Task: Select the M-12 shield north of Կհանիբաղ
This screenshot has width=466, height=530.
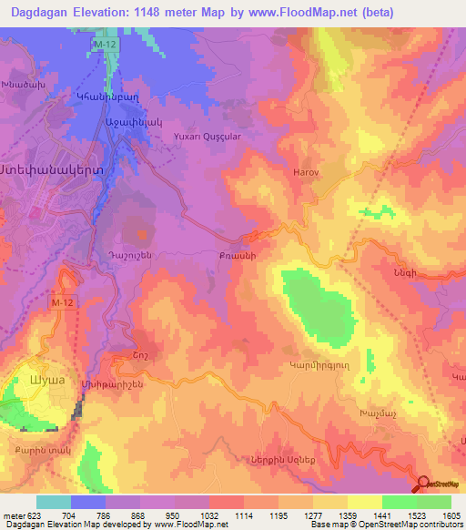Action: (106, 44)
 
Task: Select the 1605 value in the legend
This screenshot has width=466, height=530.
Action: (450, 515)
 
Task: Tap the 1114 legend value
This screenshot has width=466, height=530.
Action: (243, 515)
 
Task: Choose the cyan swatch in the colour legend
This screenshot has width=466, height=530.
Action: (53, 502)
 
